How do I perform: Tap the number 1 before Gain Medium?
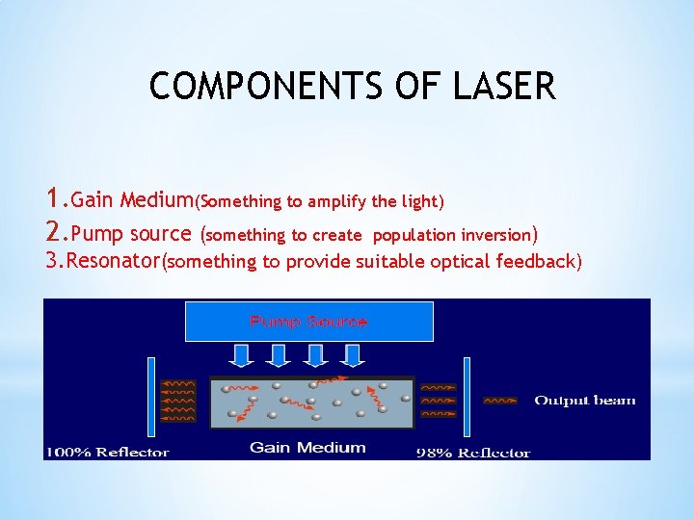coord(53,199)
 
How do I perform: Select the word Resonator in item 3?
coord(116,261)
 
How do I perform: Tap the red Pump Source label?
coord(308,322)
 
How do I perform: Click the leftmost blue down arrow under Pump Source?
coord(244,355)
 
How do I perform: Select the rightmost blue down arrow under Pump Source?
coord(353,355)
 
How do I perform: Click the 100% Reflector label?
coord(108,452)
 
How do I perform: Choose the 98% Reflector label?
coord(473,452)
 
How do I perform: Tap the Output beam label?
coord(585,401)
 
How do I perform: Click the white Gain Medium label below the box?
coord(307,447)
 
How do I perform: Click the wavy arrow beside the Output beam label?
coord(499,401)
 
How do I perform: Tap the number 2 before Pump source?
coord(54,233)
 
